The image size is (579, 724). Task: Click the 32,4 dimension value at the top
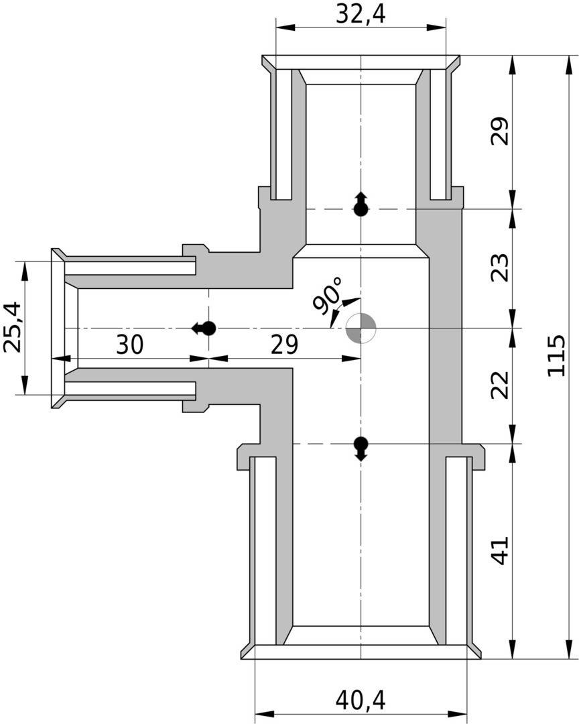361,14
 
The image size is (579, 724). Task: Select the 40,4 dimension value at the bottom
361,701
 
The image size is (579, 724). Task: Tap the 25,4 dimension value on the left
13,327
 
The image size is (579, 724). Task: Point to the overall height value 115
557,356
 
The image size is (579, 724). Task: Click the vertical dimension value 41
500,551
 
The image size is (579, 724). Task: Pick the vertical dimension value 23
500,267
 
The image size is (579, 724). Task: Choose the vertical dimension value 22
500,385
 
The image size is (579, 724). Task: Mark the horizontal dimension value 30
130,345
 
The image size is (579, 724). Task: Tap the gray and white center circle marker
361,328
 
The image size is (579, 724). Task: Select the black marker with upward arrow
361,205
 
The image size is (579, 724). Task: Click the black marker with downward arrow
361,446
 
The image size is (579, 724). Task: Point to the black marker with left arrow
204,328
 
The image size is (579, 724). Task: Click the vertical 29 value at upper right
500,131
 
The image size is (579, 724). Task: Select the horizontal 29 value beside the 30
284,345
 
